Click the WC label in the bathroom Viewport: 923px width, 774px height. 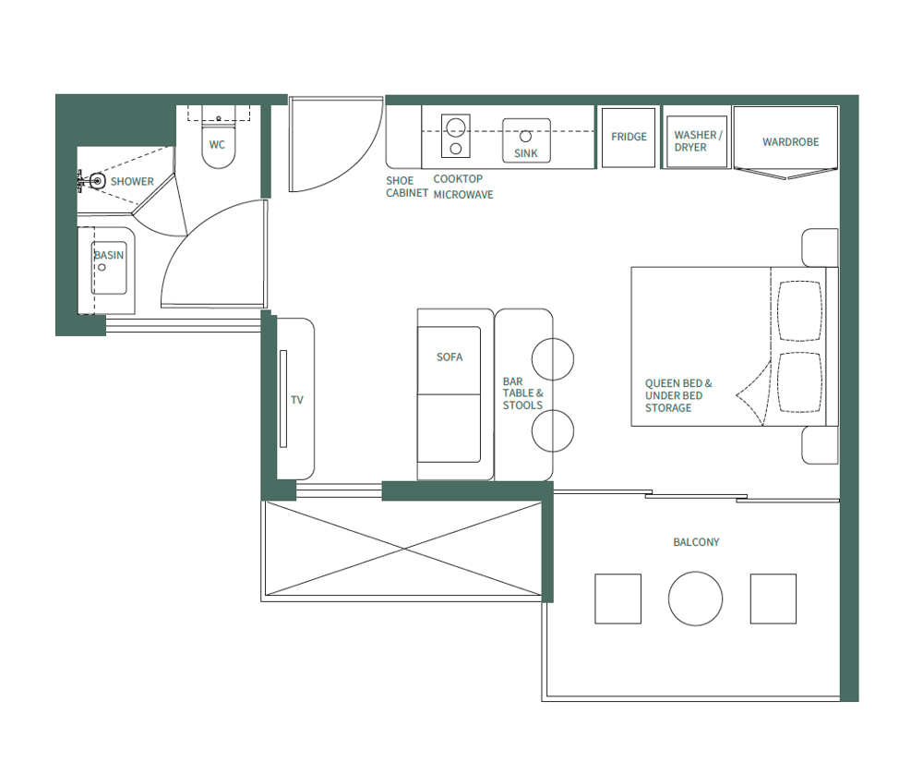coord(217,145)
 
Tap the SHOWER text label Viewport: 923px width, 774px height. coord(132,182)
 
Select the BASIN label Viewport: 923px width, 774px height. coord(109,256)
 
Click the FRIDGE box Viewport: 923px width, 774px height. coord(629,138)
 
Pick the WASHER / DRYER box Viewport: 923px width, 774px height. coord(697,140)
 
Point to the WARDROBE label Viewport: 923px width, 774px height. coord(790,142)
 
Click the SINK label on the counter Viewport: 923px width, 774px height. coord(525,154)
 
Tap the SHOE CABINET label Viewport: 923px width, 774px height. coord(407,187)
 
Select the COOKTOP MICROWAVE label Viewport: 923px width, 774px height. coord(462,187)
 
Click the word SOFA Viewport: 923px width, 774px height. coord(450,357)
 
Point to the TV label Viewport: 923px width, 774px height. coord(297,401)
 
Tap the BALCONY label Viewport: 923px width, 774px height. coord(696,542)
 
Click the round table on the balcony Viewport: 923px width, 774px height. coord(695,599)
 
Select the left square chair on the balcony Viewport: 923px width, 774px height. coord(617,599)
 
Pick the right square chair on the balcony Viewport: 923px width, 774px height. coord(773,599)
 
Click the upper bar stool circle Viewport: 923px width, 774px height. coord(552,359)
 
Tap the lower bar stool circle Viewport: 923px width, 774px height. coord(552,430)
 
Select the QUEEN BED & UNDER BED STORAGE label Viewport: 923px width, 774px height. coord(678,395)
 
